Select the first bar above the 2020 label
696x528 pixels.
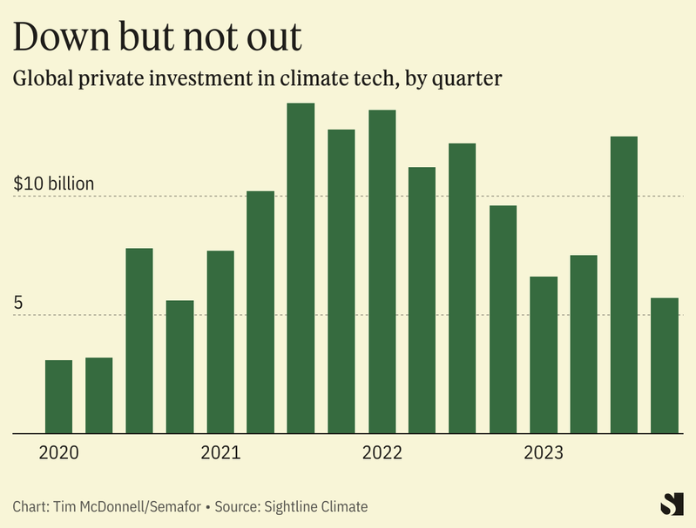[x=58, y=396]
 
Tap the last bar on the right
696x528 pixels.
[x=665, y=365]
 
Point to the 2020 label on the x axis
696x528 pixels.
[x=59, y=453]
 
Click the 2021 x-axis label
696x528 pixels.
[x=220, y=453]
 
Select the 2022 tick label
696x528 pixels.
[x=382, y=453]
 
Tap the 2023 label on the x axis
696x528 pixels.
[x=543, y=453]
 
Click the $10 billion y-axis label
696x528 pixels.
[x=54, y=184]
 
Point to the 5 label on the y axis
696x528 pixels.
[x=19, y=304]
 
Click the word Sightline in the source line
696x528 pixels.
[x=297, y=506]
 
